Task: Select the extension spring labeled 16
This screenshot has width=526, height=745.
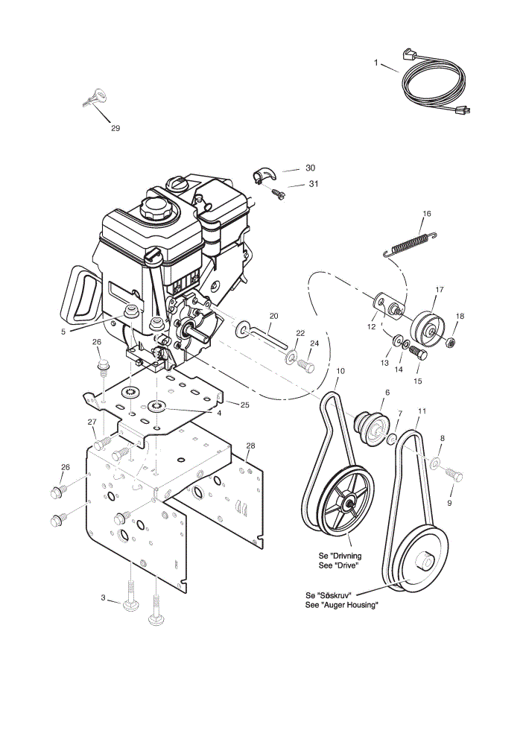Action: click(x=410, y=244)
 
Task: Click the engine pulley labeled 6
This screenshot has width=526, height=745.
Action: click(x=373, y=428)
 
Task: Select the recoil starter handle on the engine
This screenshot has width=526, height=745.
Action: click(x=80, y=294)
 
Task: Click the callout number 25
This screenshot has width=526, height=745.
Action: click(x=244, y=405)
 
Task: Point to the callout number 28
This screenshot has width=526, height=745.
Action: click(x=251, y=446)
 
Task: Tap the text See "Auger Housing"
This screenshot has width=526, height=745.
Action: click(x=342, y=605)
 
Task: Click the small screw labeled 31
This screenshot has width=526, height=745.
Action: click(x=278, y=194)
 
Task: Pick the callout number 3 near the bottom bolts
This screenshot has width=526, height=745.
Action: click(x=103, y=597)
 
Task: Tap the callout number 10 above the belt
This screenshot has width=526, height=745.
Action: click(x=340, y=371)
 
